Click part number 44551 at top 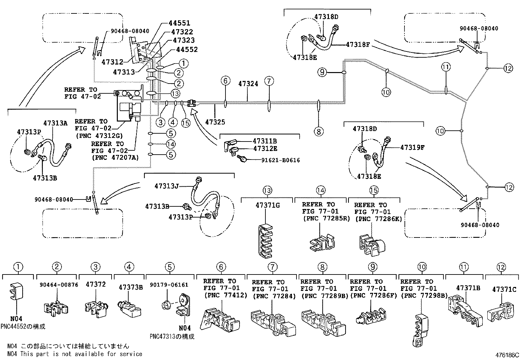tap(179, 23)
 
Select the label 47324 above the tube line tap(248, 84)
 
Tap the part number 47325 tap(215, 122)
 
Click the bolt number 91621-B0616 tap(280, 160)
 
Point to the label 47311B tap(265, 141)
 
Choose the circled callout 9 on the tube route tap(322, 72)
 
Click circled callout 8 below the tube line tap(318, 132)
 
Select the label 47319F tap(412, 147)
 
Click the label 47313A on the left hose tap(55, 123)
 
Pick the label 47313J tap(167, 186)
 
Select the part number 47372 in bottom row tap(96, 284)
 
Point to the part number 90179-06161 tap(169, 285)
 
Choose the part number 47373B tap(131, 287)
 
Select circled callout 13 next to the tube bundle tap(175, 94)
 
